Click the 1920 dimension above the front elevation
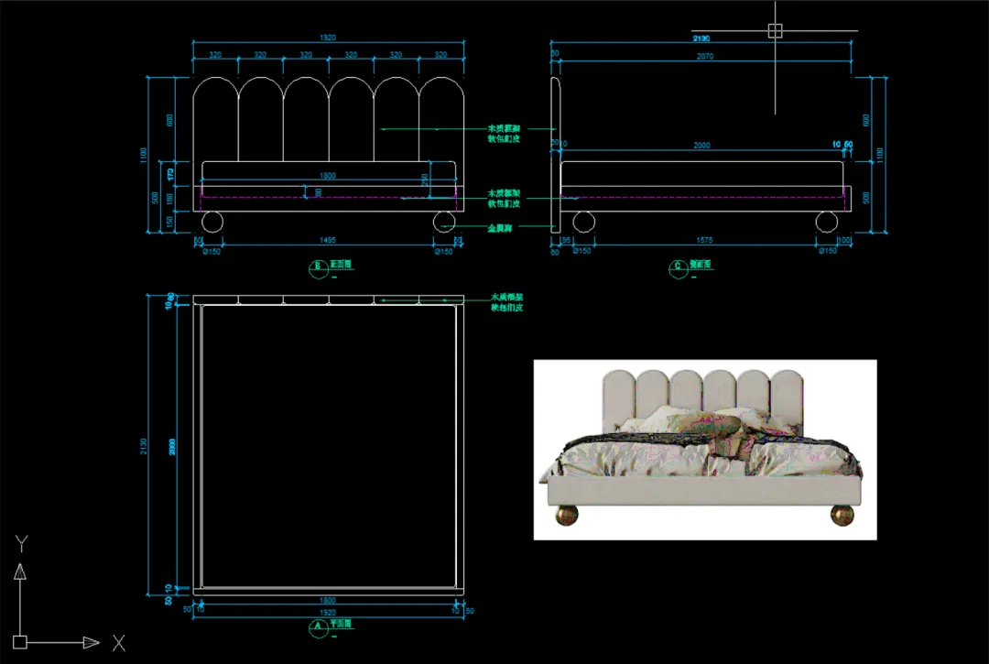click(328, 38)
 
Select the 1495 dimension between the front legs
click(328, 240)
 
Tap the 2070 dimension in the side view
click(704, 57)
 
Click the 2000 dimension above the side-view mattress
click(701, 146)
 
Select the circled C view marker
click(679, 267)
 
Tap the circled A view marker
click(318, 627)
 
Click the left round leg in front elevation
click(212, 222)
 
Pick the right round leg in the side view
click(827, 222)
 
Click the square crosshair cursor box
click(775, 30)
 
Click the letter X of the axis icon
click(118, 643)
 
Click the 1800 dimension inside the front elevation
click(328, 175)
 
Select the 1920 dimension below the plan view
click(328, 611)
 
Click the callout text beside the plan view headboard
click(506, 302)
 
